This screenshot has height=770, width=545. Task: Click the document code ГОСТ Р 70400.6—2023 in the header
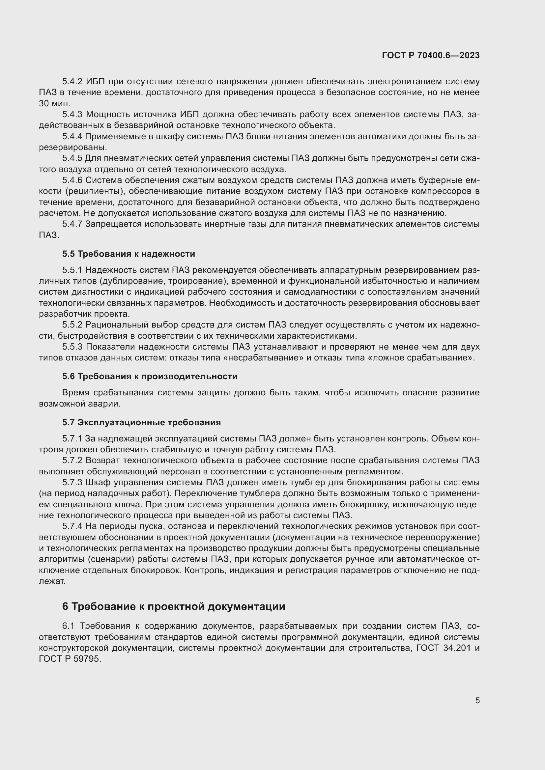pyautogui.click(x=431, y=55)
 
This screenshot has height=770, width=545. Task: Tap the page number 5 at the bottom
pyautogui.click(x=477, y=701)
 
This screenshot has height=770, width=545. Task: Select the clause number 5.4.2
pyautogui.click(x=72, y=82)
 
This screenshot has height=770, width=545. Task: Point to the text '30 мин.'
pyautogui.click(x=54, y=104)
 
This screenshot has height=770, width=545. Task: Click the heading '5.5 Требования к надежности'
pyautogui.click(x=129, y=254)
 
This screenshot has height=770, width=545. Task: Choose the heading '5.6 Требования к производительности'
pyautogui.click(x=150, y=376)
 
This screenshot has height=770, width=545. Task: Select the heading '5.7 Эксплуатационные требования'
pyautogui.click(x=141, y=422)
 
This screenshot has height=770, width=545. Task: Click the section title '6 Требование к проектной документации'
pyautogui.click(x=174, y=606)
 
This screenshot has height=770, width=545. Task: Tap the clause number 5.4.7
pyautogui.click(x=72, y=224)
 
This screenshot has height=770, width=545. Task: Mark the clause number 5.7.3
pyautogui.click(x=72, y=483)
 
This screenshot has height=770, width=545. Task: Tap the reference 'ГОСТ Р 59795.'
pyautogui.click(x=70, y=659)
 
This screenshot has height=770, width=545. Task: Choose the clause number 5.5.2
pyautogui.click(x=72, y=325)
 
